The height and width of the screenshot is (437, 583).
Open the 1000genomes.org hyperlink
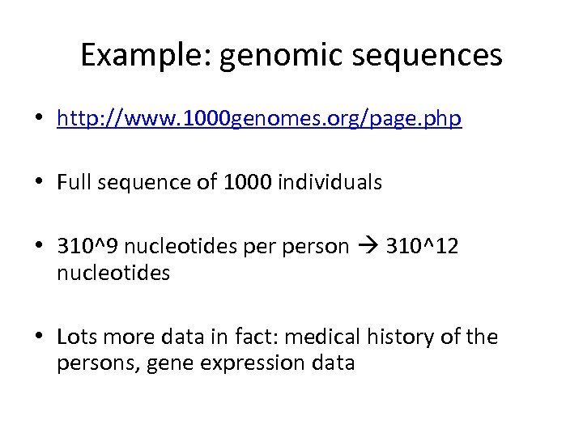coord(259,120)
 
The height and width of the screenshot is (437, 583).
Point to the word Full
coord(74,183)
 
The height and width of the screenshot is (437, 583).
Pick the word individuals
coord(329,183)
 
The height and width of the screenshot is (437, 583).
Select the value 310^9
coord(87,246)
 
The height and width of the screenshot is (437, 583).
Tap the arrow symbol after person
coord(368,246)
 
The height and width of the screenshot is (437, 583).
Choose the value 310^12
coord(423,246)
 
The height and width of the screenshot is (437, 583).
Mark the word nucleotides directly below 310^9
coord(113,274)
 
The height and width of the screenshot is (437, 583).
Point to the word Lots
coord(75,337)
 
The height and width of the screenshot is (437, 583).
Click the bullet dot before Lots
coord(39,337)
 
